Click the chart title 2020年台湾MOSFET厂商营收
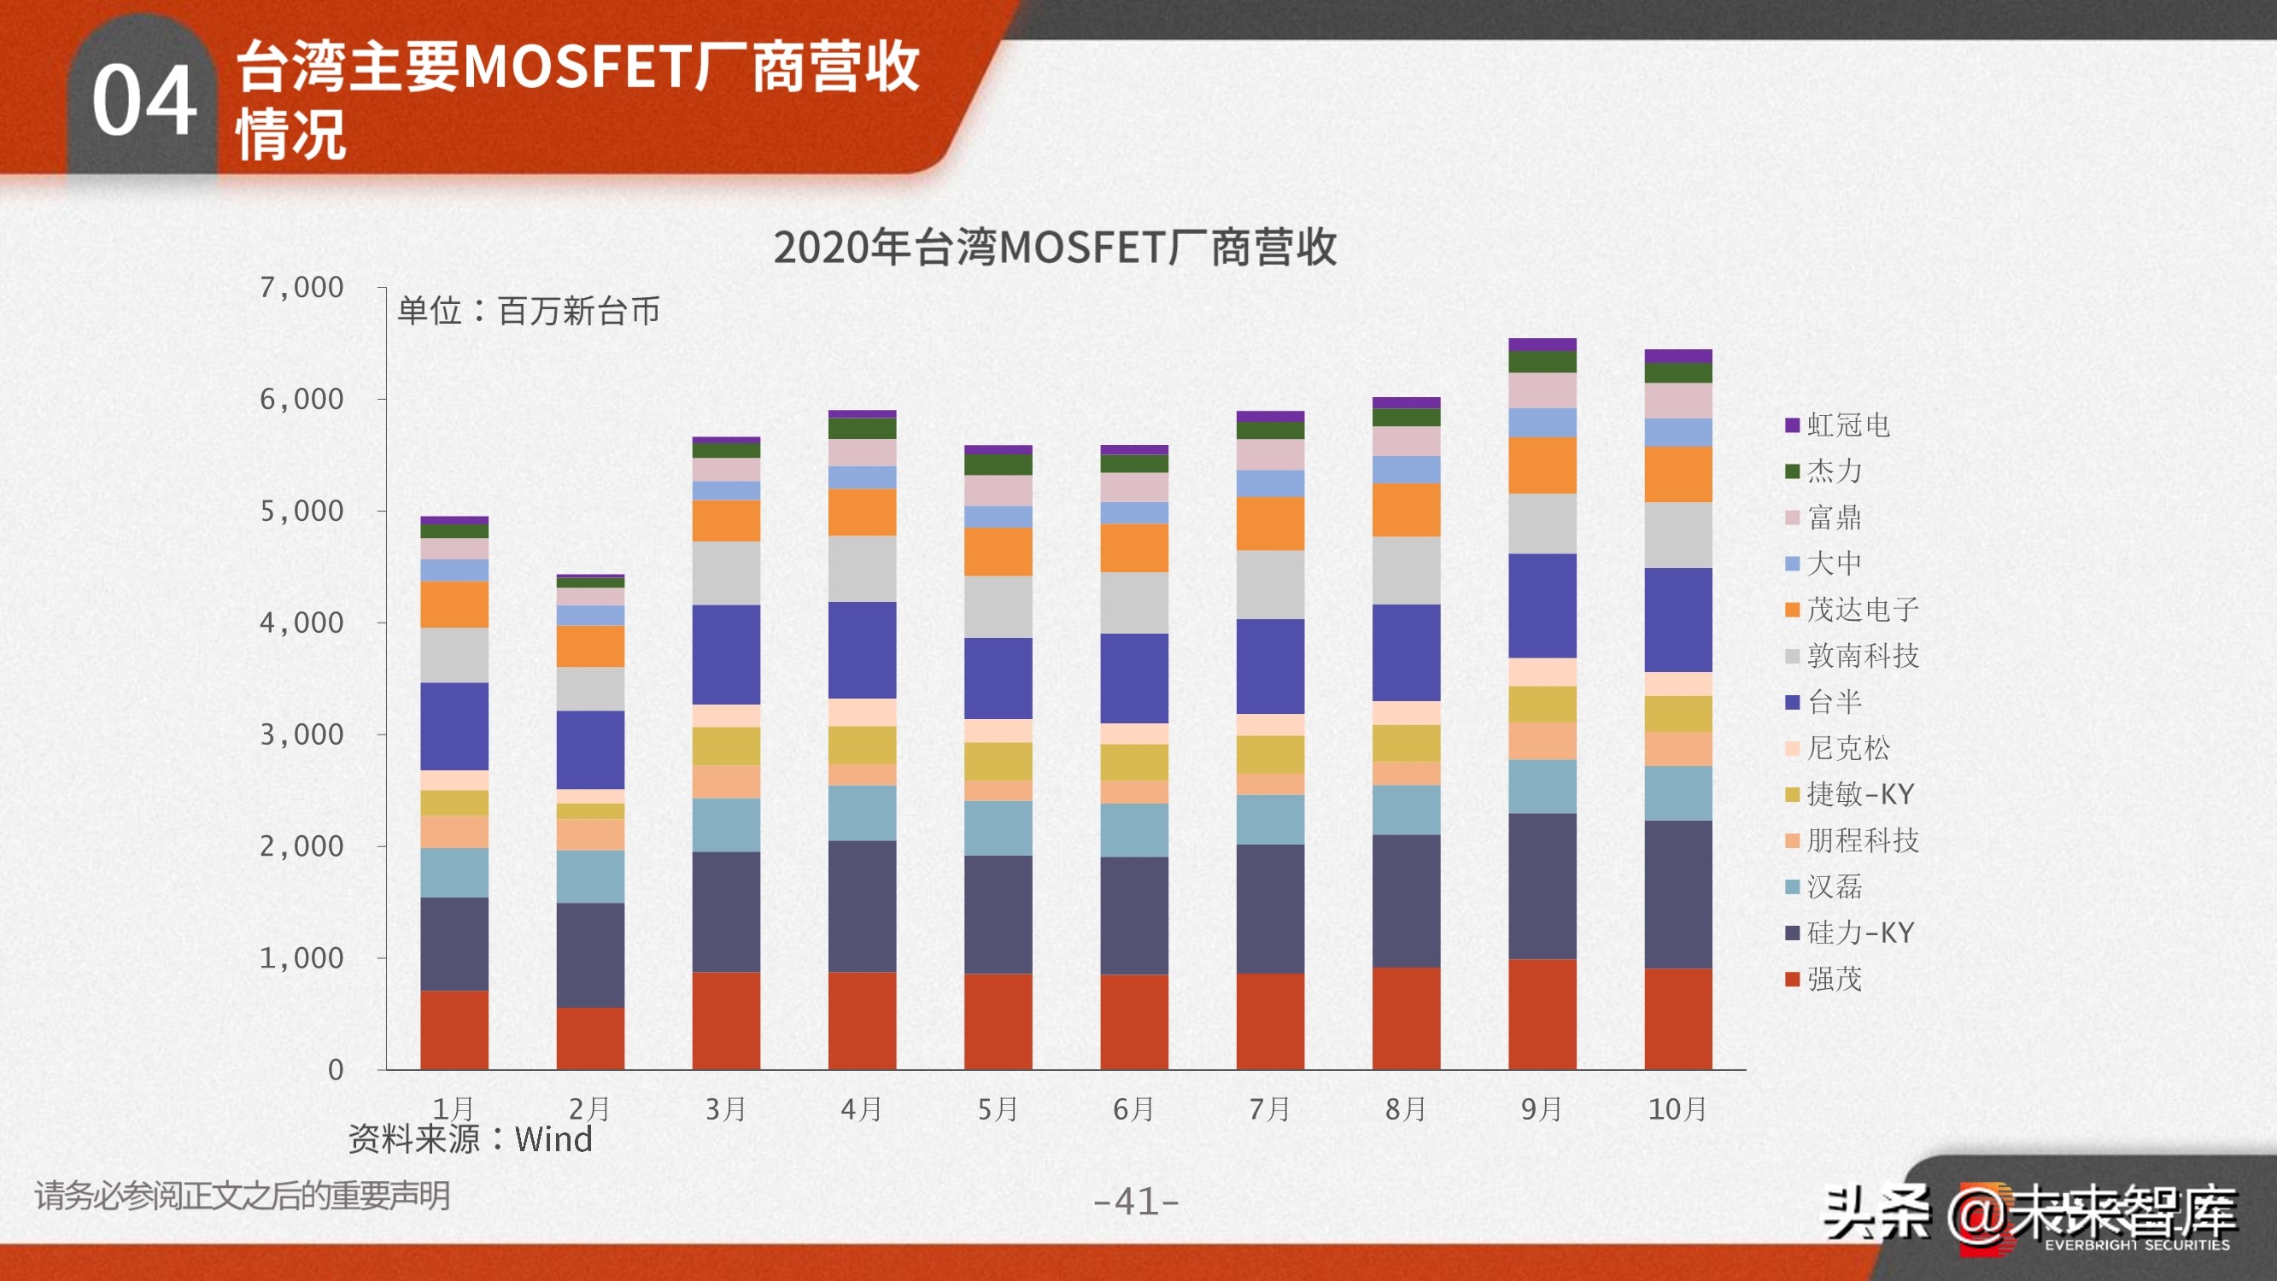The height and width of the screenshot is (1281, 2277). pos(1055,248)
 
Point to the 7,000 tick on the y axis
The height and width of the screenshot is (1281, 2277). pos(301,287)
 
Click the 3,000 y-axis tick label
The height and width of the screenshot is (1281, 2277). pos(301,734)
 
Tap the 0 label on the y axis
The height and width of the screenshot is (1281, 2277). pos(336,1070)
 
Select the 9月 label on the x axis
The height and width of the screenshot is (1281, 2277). pos(1542,1108)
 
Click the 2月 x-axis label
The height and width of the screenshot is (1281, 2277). pos(589,1108)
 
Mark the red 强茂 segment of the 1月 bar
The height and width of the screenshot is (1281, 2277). pos(454,1030)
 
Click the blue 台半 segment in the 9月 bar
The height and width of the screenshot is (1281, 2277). pos(1542,605)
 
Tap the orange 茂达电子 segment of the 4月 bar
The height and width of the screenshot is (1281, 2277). pos(862,512)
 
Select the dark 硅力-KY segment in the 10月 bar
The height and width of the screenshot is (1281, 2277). pos(1677,894)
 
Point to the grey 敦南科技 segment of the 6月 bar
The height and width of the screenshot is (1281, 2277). pos(1134,603)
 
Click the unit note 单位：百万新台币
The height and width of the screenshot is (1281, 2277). pos(529,311)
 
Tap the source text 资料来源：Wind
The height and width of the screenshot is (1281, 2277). pos(470,1139)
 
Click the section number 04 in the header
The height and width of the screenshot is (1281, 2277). pos(144,100)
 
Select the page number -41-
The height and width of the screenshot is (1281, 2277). pos(1136,1202)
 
